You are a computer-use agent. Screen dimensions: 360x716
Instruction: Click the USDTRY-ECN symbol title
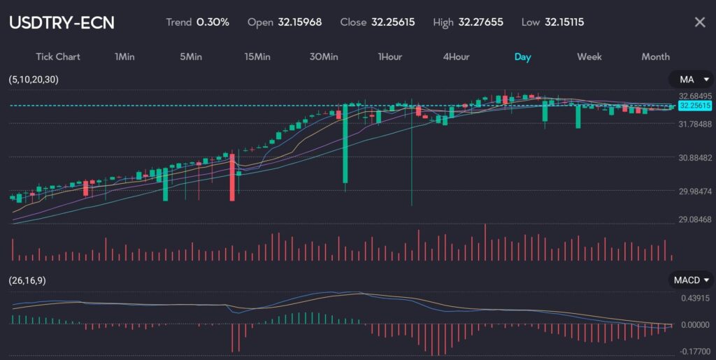[62, 22]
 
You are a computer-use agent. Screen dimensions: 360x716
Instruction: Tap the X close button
[699, 22]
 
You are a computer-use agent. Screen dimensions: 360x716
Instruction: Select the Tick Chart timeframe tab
[58, 57]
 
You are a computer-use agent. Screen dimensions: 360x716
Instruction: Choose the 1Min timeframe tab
[124, 57]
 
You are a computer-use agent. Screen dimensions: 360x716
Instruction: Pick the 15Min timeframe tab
[257, 57]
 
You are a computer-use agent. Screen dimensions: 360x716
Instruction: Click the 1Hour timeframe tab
[390, 57]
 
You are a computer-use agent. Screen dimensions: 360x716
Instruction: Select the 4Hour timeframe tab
[456, 57]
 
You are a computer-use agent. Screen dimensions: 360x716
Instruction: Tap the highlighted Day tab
[522, 57]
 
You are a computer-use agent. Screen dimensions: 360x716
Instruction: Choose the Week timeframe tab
[589, 57]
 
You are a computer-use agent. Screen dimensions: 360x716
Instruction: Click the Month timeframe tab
[655, 57]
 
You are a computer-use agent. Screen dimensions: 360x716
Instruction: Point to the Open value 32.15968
[299, 22]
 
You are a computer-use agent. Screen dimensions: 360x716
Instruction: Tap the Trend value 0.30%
[213, 22]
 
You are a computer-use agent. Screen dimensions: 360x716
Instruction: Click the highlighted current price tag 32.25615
[694, 106]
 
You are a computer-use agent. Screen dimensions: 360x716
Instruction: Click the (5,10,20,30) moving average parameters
[34, 80]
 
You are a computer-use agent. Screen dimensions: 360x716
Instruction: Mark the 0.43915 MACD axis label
[695, 298]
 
